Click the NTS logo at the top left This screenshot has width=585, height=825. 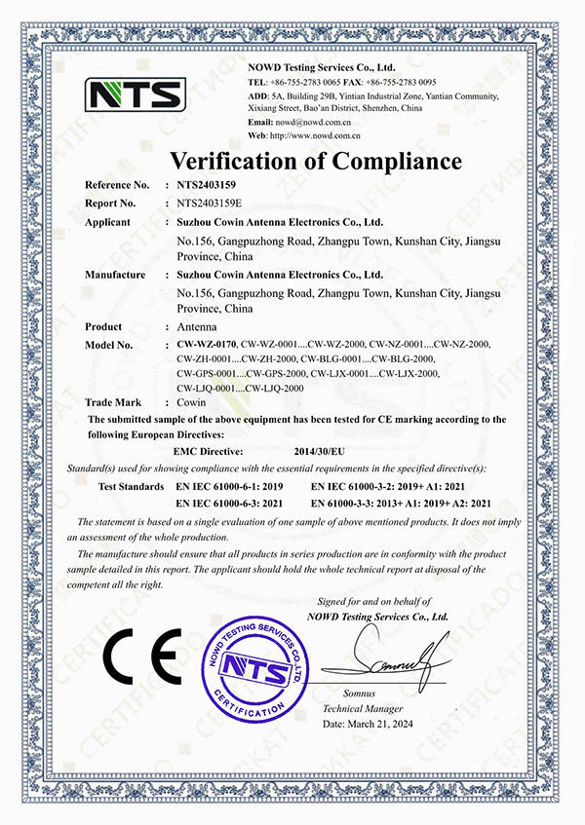(136, 94)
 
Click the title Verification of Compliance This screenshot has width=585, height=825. (317, 160)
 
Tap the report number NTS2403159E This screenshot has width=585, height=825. (210, 204)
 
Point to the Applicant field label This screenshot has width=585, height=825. (108, 222)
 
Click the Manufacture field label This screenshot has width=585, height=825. (115, 275)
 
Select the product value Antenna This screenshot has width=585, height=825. (197, 327)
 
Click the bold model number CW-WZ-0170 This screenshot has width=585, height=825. (208, 346)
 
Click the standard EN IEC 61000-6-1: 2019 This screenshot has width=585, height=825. (228, 485)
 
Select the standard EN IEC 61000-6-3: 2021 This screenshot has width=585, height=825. (228, 503)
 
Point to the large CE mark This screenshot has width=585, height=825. (137, 658)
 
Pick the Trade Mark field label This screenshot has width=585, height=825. (113, 402)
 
